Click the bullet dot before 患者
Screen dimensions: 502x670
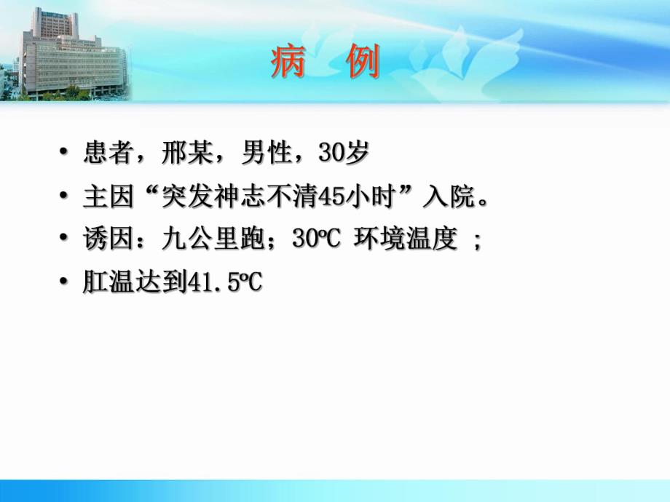click(66, 154)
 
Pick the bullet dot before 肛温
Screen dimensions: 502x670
click(66, 283)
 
